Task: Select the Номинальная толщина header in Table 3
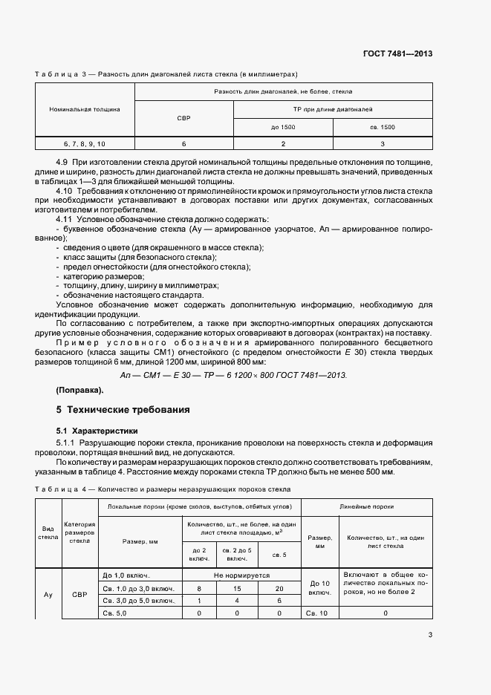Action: pyautogui.click(x=85, y=109)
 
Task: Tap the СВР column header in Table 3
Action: pyautogui.click(x=183, y=118)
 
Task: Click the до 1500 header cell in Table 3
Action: pyautogui.click(x=283, y=127)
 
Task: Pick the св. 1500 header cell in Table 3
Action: pyautogui.click(x=382, y=127)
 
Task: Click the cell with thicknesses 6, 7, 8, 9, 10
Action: pyautogui.click(x=85, y=143)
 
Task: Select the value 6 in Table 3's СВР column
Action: pyautogui.click(x=183, y=143)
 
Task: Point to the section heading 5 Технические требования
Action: pyautogui.click(x=123, y=409)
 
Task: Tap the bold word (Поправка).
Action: pyautogui.click(x=79, y=390)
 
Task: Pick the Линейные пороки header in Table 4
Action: pyautogui.click(x=365, y=506)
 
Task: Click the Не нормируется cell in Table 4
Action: pyautogui.click(x=241, y=575)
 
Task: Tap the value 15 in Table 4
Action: pyautogui.click(x=237, y=587)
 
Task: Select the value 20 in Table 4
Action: pyautogui.click(x=279, y=587)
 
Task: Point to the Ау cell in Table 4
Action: pyautogui.click(x=48, y=594)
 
